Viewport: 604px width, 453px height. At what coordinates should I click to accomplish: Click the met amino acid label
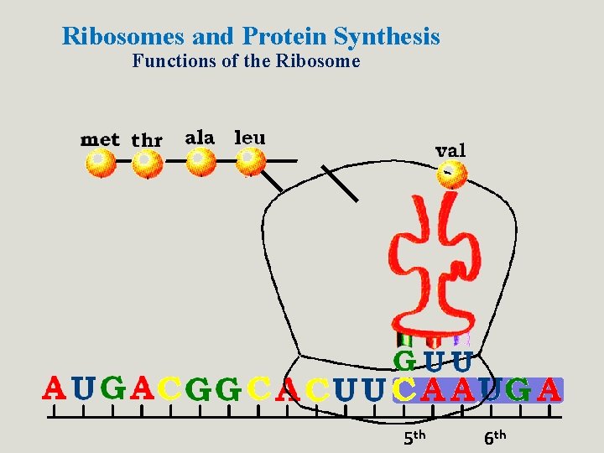100,139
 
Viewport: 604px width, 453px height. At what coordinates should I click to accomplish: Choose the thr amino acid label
147,140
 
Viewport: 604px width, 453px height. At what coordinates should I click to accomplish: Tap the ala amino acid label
200,137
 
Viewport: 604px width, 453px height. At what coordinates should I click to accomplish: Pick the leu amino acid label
249,136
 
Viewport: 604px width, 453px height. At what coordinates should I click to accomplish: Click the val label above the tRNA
450,150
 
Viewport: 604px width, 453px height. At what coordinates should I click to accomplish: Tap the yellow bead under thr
147,161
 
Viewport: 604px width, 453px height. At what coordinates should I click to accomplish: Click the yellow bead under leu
250,159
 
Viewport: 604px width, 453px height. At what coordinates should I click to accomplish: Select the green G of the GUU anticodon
405,362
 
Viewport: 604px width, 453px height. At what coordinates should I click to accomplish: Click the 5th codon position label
415,436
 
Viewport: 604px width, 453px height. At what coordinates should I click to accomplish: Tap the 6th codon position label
495,436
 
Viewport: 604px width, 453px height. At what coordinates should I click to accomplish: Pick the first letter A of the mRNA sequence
55,388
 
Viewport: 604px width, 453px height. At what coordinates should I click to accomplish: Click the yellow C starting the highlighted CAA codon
404,389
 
